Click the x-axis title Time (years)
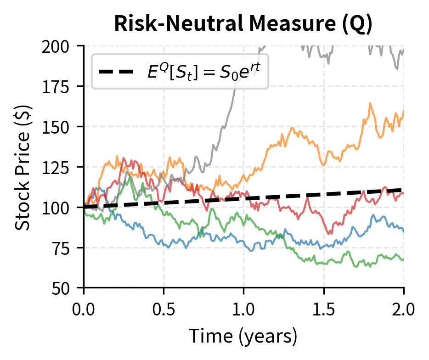click(x=243, y=337)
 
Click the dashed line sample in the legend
click(x=117, y=72)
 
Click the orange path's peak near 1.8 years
click(x=370, y=103)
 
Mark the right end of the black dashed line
click(x=403, y=190)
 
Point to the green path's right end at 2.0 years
click(x=403, y=259)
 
